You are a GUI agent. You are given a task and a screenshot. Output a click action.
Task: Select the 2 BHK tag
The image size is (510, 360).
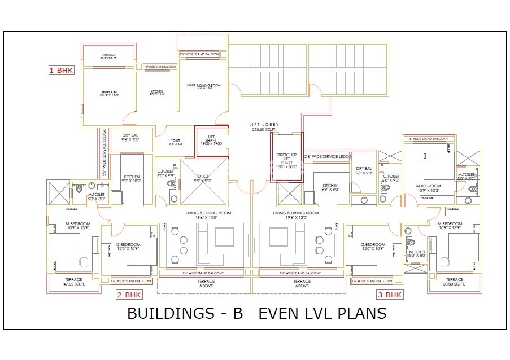point(129,295)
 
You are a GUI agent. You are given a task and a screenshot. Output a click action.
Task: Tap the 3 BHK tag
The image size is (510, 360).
point(390,295)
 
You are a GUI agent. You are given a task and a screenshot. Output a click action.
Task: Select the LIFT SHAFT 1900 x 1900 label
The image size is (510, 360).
point(212,141)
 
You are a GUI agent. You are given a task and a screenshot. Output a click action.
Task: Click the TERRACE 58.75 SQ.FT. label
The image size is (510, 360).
point(108,56)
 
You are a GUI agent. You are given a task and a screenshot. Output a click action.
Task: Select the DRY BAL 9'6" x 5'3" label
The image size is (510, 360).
point(130,137)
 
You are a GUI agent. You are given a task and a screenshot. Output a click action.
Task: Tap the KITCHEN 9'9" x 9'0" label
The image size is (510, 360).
point(330,187)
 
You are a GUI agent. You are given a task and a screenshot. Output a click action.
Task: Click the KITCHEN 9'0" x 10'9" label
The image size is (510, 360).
point(132,179)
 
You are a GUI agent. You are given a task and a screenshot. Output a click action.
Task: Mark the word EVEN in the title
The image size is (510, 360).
point(281,313)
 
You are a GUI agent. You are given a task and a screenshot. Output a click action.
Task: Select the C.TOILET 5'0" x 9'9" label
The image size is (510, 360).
point(165,174)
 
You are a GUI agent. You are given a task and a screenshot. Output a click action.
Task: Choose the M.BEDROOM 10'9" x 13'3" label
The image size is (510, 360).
point(428,188)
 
